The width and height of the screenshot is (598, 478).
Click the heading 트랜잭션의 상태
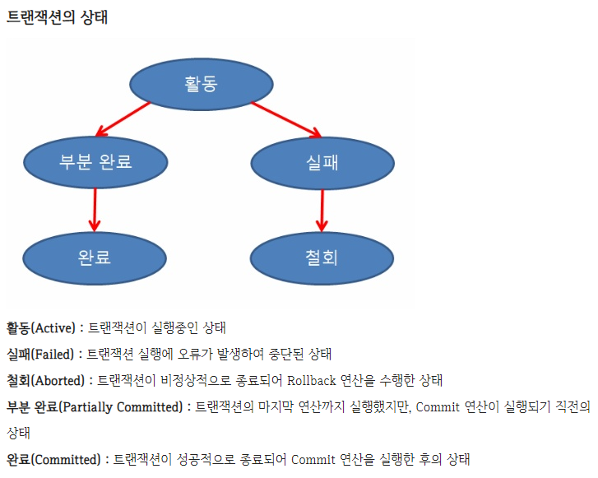tap(57, 18)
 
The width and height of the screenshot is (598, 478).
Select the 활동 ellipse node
tap(202, 83)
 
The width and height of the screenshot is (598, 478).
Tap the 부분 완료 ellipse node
tap(95, 160)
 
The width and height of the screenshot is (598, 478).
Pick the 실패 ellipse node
tap(322, 161)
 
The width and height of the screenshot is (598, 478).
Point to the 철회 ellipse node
tap(321, 257)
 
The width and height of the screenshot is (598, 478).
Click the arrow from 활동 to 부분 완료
tap(123, 118)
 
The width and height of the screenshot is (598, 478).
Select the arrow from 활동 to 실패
tap(285, 118)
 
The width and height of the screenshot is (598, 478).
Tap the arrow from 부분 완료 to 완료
tap(95, 209)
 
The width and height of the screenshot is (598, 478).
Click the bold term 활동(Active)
tap(40, 327)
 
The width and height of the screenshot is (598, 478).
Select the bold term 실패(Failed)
tap(39, 354)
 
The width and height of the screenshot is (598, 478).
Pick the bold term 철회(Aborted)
tap(44, 380)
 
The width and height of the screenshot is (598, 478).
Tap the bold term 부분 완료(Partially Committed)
tap(94, 406)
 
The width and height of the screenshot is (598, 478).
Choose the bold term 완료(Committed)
tap(53, 459)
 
